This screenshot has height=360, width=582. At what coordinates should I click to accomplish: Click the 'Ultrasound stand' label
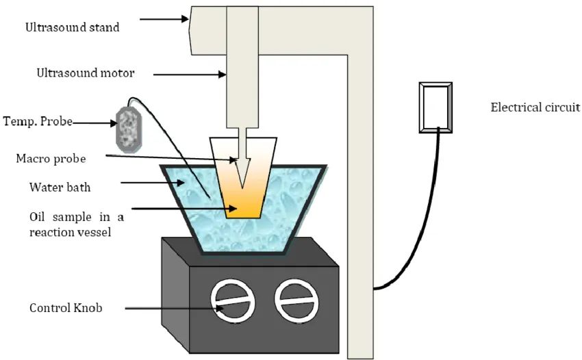tap(73, 27)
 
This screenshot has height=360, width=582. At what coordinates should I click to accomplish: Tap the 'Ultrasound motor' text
tap(86, 73)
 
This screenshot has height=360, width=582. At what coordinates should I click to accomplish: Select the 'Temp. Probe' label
tap(38, 121)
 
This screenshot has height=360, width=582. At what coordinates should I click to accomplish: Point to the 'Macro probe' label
tap(51, 159)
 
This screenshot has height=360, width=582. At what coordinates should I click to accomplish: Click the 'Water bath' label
tap(60, 187)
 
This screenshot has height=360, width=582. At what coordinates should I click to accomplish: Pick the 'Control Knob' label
tap(66, 308)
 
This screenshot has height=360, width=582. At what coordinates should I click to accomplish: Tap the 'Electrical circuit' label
tap(535, 107)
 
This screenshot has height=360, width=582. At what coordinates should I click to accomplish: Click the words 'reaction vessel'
tap(70, 232)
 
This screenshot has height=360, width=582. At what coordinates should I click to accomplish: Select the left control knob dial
tap(233, 300)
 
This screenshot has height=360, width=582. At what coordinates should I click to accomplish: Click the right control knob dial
tap(296, 300)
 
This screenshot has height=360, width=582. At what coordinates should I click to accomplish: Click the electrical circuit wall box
tap(435, 107)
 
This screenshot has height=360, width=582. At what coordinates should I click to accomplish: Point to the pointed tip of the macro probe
tap(242, 188)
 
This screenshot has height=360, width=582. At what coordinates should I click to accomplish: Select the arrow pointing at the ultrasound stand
tap(164, 18)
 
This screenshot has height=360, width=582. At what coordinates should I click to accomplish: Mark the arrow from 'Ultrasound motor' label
tap(190, 75)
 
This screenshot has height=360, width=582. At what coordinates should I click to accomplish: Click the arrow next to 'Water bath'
tap(153, 183)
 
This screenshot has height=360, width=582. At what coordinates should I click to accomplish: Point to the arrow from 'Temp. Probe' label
tap(94, 123)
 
